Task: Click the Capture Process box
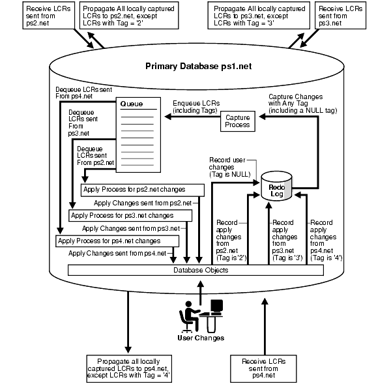click(238, 121)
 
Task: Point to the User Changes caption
click(201, 338)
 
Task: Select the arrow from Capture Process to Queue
click(192, 117)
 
